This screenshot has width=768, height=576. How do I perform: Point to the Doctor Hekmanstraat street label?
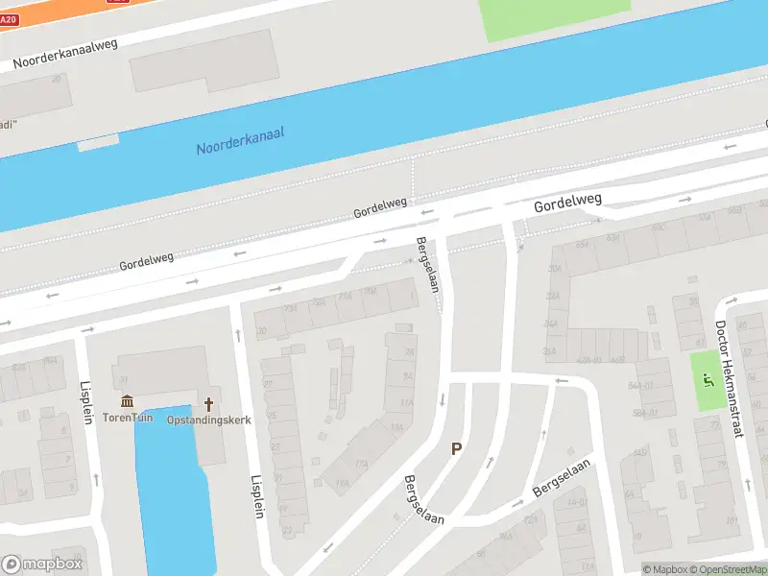click(x=730, y=378)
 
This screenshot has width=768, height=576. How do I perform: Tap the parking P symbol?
click(x=457, y=448)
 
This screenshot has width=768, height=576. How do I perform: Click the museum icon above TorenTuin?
click(x=127, y=402)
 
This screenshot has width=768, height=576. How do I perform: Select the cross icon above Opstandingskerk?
click(x=207, y=403)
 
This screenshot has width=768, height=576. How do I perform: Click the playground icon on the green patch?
click(x=709, y=381)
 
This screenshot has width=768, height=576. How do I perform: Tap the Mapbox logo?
click(x=42, y=564)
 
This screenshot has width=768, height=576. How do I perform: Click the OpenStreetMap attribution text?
click(x=730, y=569)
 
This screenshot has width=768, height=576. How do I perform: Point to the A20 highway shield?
click(x=9, y=18)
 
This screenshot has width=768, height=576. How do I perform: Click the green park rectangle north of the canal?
click(x=555, y=17)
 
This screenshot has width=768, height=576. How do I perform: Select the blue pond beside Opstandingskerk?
click(x=174, y=490)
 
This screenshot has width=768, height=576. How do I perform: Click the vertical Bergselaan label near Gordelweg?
click(x=429, y=273)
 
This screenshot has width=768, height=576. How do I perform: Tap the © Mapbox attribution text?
click(x=666, y=569)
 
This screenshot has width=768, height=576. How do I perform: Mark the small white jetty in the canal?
click(x=98, y=141)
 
